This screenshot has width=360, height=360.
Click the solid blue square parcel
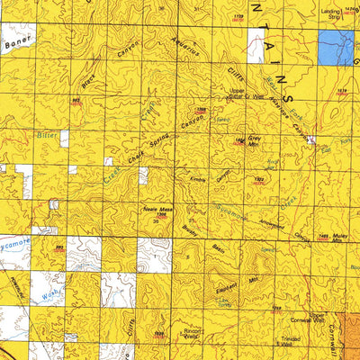click(335, 48)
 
